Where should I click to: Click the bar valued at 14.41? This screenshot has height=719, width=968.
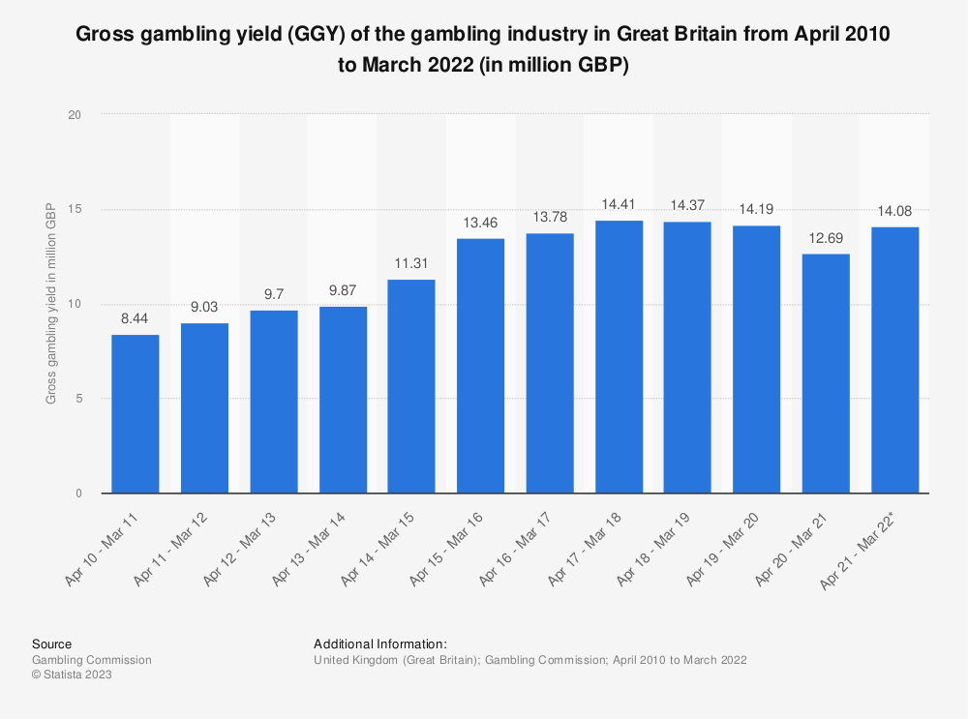(620, 357)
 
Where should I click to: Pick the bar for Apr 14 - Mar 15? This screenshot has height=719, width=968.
(411, 386)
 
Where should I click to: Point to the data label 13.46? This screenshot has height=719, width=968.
(481, 224)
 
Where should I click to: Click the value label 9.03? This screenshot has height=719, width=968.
(204, 308)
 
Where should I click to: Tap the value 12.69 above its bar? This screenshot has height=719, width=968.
(827, 239)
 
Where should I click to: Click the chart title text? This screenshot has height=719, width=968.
(484, 47)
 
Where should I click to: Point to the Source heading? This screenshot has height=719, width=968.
(51, 644)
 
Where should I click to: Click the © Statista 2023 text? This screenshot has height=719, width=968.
(72, 675)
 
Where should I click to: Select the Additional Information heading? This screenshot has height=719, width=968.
(379, 644)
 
